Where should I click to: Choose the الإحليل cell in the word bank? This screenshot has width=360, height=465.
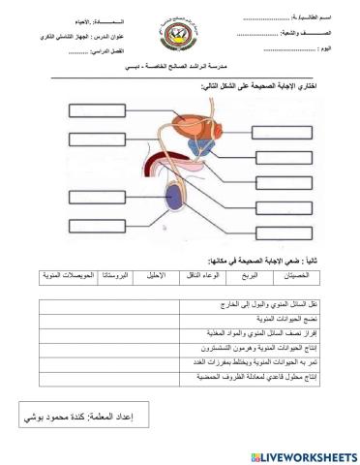164,276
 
